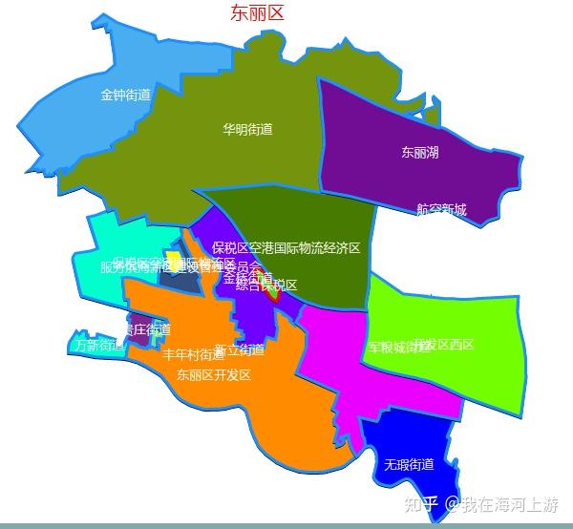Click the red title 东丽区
pos(257,13)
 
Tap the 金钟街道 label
pos(126,95)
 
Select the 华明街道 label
pos(248,130)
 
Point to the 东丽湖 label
pos(420,152)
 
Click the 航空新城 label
pos(441,210)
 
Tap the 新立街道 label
pos(240,349)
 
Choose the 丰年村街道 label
pos(193,354)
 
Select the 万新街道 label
pos(99,345)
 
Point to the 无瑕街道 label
pos(409,465)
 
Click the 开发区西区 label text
pos(445,344)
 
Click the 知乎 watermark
pos(420,504)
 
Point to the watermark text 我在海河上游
pos(511,504)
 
